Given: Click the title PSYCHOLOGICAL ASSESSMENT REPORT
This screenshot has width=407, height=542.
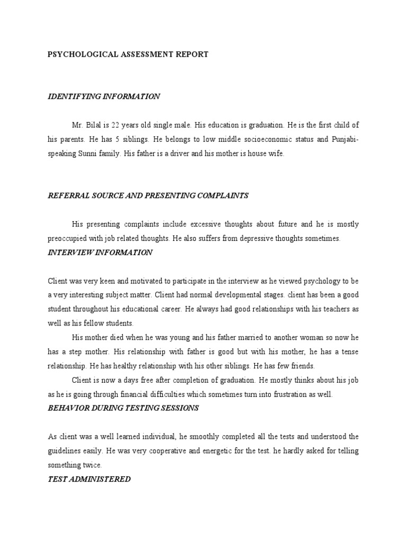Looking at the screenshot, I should pos(128,55).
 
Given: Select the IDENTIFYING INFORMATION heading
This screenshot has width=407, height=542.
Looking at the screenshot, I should pos(104,96).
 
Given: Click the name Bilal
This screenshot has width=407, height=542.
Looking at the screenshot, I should pos(95,126).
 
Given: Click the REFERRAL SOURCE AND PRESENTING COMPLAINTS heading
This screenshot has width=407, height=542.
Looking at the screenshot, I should pos(148,195).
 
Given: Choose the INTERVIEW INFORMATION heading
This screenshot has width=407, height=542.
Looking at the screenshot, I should pos(100,252).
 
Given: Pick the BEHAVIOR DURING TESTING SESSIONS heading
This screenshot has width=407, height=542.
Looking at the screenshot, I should pos(123,408).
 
